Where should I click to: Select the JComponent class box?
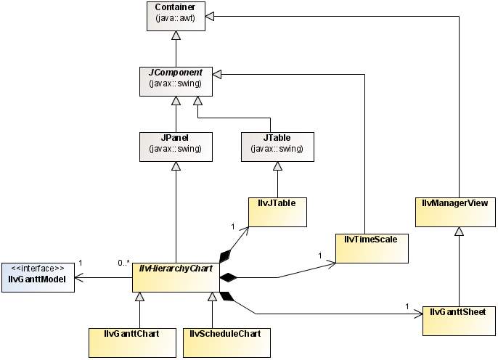(x=176, y=81)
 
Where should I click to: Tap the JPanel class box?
(x=176, y=144)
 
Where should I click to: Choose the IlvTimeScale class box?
(x=371, y=247)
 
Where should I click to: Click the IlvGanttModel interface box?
(x=38, y=277)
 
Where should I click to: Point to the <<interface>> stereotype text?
(x=38, y=268)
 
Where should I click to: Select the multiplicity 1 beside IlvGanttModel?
(x=80, y=262)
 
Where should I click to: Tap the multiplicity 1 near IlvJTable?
(x=233, y=226)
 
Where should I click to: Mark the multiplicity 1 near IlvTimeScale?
(x=319, y=255)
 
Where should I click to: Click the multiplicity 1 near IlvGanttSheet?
(x=407, y=306)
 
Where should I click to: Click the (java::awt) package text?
(x=176, y=22)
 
